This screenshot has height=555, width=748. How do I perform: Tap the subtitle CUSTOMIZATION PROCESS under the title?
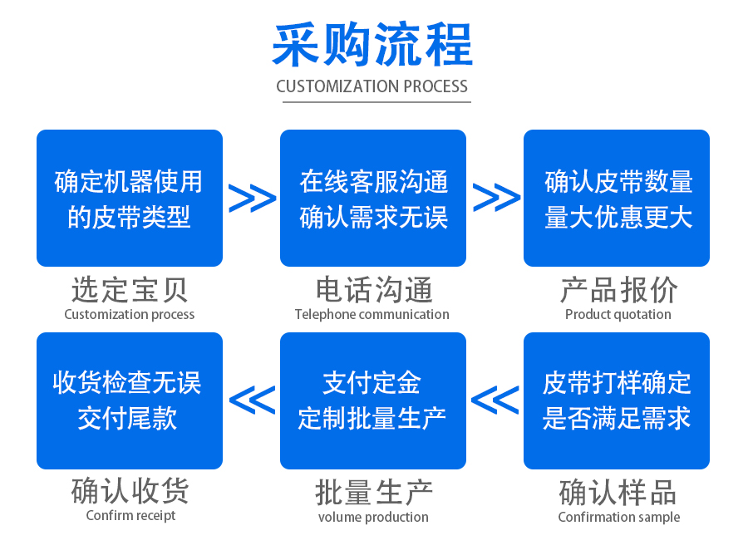tap(372, 86)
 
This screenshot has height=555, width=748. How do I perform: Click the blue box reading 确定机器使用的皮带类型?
tap(130, 198)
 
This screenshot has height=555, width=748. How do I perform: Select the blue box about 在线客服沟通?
tap(373, 198)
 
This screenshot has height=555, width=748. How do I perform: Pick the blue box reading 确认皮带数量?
tap(617, 198)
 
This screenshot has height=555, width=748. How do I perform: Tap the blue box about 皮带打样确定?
tap(617, 400)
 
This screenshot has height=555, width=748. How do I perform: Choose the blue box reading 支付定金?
tap(373, 400)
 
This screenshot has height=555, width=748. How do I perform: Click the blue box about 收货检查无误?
tap(130, 400)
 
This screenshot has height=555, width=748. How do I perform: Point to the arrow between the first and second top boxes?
tap(252, 199)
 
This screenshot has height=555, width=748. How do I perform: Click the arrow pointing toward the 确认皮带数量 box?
tap(496, 199)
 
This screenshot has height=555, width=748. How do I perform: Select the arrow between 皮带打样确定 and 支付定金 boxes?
tap(495, 400)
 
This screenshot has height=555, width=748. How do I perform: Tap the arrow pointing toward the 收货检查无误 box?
tap(252, 400)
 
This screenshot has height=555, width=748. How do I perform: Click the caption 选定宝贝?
tap(130, 290)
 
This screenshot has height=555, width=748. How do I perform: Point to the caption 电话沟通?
tap(373, 290)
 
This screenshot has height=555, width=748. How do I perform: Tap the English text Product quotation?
tap(618, 314)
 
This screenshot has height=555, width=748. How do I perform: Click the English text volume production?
tap(373, 517)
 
